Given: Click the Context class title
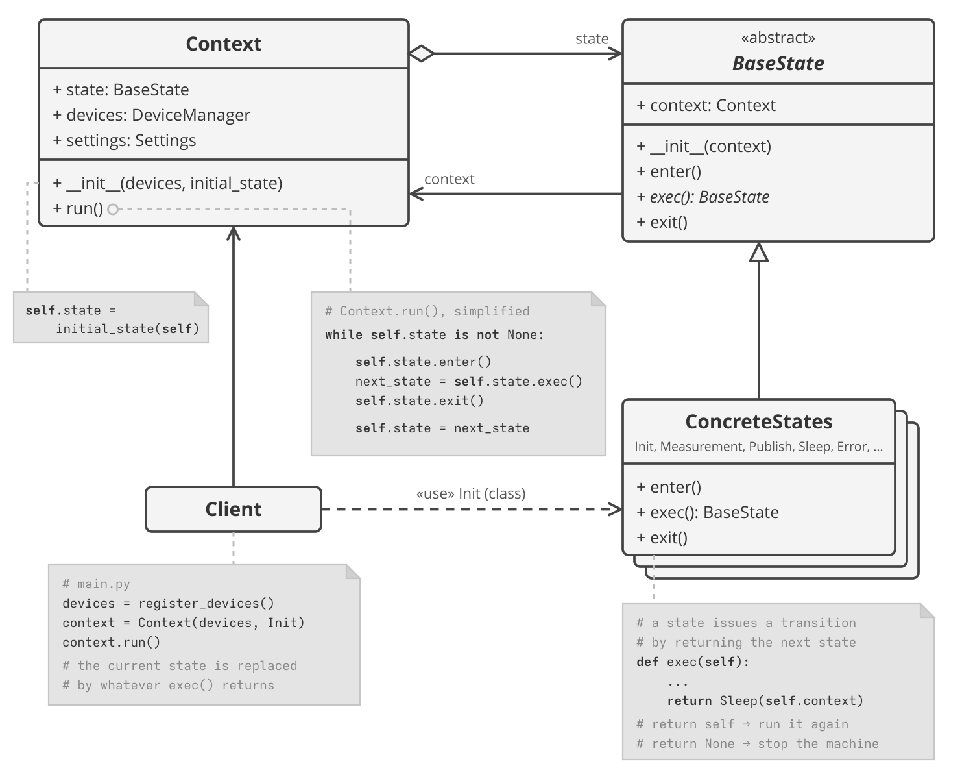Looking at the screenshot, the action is click(223, 44).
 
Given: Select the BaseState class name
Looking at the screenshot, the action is click(778, 64).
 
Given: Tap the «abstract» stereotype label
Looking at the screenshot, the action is click(778, 38).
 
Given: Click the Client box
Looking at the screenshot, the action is click(234, 509).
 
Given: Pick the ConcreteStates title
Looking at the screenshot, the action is click(759, 421).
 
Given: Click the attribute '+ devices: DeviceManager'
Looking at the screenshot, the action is click(152, 115).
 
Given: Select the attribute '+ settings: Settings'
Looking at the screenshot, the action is click(125, 140).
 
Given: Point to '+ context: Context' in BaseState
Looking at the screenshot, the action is click(706, 105).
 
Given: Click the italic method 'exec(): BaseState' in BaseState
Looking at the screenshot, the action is click(710, 197).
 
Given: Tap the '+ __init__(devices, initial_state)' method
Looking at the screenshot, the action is click(167, 183).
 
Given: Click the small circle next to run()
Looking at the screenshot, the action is click(113, 209).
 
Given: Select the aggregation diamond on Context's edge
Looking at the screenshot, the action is click(422, 53).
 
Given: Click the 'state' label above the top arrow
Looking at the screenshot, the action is click(592, 39).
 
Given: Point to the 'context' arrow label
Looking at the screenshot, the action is click(449, 179).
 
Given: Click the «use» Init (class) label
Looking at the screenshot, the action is click(471, 493).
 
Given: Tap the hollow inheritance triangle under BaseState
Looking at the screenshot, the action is click(759, 252).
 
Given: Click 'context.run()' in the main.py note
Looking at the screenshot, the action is click(111, 642).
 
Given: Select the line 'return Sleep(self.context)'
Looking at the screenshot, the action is click(765, 700).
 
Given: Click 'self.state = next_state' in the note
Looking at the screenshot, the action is click(442, 428).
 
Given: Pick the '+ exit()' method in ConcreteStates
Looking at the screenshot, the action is click(662, 538).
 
